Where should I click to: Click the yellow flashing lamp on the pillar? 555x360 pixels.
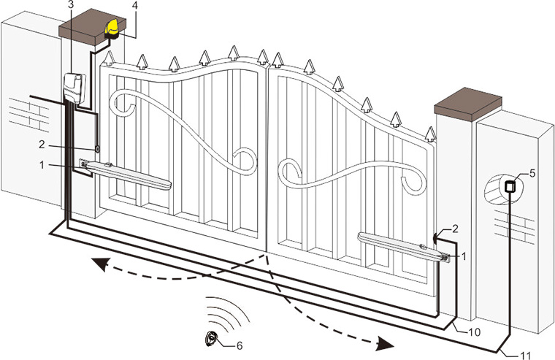tap(114, 28)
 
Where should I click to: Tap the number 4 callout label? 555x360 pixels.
tap(134, 6)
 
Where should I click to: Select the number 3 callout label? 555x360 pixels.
tap(69, 6)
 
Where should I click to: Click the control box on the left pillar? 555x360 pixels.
tap(72, 88)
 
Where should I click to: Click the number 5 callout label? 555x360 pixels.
tap(532, 173)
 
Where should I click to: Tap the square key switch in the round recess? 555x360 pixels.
tap(510, 185)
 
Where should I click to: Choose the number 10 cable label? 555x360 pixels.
tap(474, 332)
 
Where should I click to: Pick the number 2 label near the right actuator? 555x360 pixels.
tap(456, 229)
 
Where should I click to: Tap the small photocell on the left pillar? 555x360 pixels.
tap(96, 150)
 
